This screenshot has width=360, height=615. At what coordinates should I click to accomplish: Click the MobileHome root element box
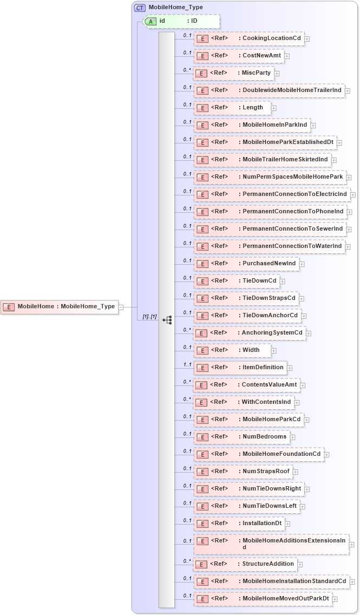(x=60, y=306)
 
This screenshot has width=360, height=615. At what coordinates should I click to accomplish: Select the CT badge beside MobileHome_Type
(x=140, y=8)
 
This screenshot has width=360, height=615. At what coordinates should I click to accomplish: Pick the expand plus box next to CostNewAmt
(x=287, y=56)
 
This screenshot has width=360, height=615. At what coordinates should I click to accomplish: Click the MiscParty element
(x=256, y=73)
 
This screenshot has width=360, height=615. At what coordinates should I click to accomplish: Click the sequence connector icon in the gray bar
(x=167, y=319)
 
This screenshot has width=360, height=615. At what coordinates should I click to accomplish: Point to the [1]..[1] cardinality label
(x=149, y=317)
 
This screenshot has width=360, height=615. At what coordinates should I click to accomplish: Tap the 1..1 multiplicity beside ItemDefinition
(x=187, y=365)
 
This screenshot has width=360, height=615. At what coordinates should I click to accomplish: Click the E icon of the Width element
(x=202, y=351)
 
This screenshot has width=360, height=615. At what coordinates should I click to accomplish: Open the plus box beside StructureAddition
(x=300, y=564)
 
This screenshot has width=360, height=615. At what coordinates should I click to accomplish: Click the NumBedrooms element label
(x=264, y=437)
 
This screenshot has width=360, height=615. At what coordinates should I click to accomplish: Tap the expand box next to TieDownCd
(x=283, y=282)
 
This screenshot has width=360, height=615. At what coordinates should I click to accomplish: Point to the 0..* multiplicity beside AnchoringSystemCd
(x=187, y=330)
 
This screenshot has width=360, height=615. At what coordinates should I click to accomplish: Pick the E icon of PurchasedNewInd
(x=202, y=264)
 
